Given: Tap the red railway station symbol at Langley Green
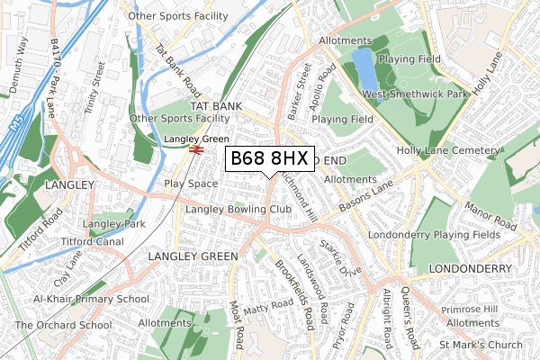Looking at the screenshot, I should click(195, 150).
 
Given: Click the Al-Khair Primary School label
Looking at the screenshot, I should click(91, 299).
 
